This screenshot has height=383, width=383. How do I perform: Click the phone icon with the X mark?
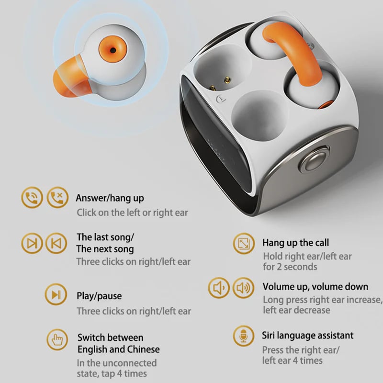pos(56,197)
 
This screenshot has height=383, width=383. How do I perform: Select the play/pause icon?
pos(56,294)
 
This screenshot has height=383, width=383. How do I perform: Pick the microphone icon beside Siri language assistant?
pos(243,337)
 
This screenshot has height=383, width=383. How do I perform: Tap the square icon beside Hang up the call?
pos(243,244)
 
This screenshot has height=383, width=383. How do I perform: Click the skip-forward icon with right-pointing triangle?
pos(32,243)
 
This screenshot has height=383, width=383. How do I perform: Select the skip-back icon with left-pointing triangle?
pos(56,243)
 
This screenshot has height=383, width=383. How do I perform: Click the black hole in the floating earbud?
pos(113,49)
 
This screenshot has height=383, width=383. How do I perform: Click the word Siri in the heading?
pos(271,335)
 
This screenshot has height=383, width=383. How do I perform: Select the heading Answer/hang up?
pos(110,198)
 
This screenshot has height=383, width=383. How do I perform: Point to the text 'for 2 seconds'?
pos(290,267)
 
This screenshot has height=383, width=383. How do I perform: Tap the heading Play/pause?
pos(99,296)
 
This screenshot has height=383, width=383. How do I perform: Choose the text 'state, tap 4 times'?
pos(112,373)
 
